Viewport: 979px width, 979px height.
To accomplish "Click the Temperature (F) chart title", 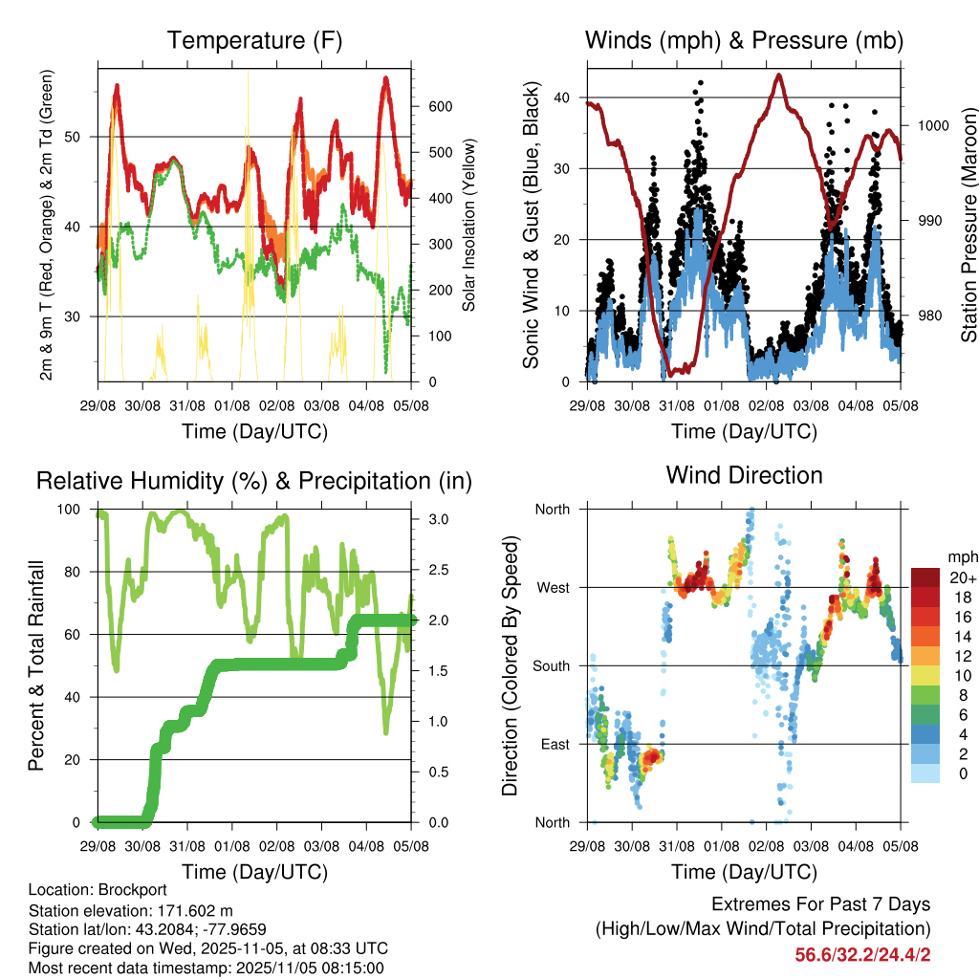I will [x=254, y=40].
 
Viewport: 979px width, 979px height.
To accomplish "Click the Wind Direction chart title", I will [x=744, y=474].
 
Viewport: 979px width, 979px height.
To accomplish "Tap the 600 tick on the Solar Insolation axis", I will [x=439, y=106].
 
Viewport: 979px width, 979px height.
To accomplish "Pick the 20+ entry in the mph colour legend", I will [x=960, y=577].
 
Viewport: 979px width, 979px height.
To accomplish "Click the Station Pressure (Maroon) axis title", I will [x=968, y=224].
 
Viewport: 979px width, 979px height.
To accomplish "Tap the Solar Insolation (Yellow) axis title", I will [x=469, y=225].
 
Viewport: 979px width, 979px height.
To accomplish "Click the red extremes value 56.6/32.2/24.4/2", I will [x=861, y=954].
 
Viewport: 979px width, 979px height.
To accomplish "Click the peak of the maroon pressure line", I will [x=779, y=75].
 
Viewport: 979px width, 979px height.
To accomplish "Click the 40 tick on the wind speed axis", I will [x=562, y=98].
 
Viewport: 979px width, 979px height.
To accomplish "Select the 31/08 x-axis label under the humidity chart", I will [x=187, y=845].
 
